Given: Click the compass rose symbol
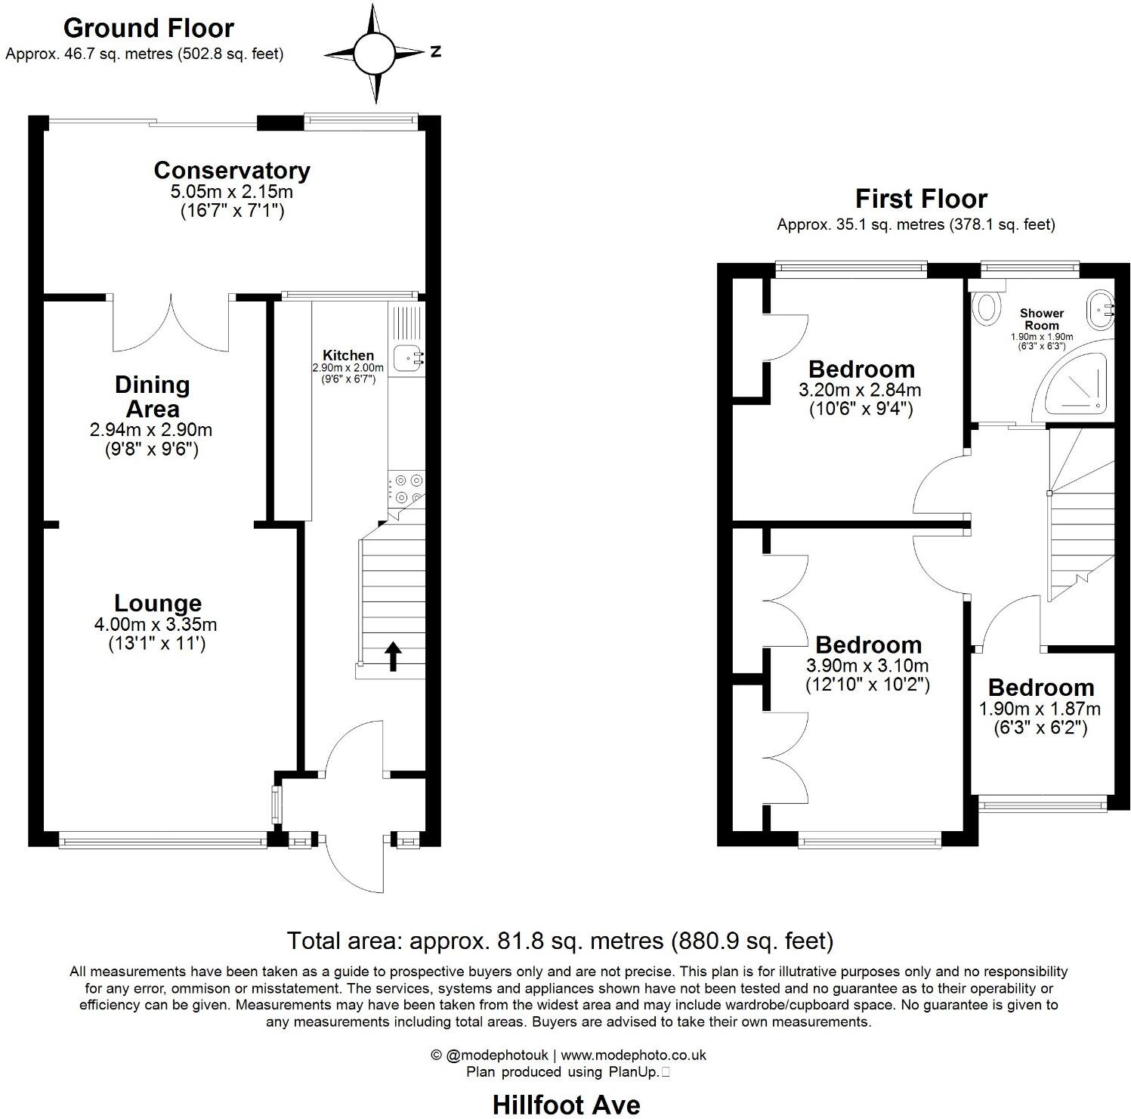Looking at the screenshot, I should click(374, 54).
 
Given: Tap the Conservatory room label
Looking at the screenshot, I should click(232, 171).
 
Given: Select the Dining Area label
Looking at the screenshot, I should click(151, 397).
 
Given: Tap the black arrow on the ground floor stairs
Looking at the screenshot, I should click(393, 656).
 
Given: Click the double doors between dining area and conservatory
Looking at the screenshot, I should click(171, 323).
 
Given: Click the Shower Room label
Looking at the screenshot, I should click(1042, 319).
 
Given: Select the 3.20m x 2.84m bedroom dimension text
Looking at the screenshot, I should click(860, 391).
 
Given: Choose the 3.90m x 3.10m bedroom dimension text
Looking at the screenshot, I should click(867, 666).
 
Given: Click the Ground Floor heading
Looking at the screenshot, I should click(149, 28).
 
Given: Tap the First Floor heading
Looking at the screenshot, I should click(921, 199).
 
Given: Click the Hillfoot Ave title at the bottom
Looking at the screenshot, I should click(566, 1105).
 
